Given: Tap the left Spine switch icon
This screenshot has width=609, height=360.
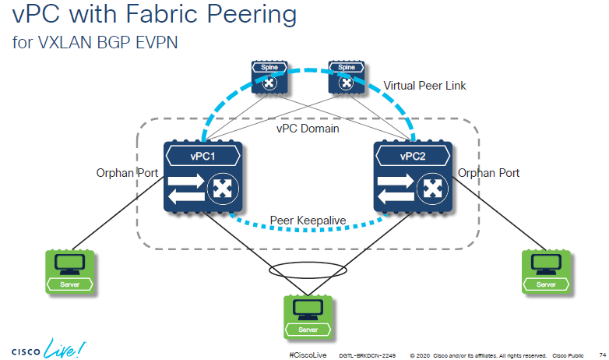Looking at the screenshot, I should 269,76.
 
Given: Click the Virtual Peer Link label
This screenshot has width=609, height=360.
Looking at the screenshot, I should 425,86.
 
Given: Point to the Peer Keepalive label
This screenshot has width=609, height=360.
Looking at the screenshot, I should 308,221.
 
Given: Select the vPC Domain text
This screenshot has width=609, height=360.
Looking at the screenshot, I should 308,128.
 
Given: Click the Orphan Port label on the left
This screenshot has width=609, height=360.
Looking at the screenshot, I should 126,173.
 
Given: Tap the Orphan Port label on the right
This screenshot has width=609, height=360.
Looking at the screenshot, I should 488,173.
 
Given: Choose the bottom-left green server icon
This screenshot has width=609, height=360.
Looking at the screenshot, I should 69,271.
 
